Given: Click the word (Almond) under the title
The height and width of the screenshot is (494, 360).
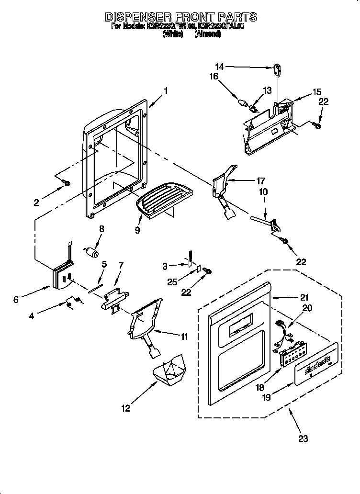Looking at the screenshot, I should tap(208, 34).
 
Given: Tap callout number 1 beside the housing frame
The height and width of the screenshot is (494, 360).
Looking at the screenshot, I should tap(165, 90).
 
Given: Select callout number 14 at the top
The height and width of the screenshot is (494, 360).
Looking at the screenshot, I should tap(219, 67).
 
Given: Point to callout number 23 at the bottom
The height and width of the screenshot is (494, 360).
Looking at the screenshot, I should tap(303, 438).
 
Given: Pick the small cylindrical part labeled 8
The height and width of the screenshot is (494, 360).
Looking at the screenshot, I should tap(91, 251).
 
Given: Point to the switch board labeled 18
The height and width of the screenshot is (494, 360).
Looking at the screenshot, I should tap(292, 356).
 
